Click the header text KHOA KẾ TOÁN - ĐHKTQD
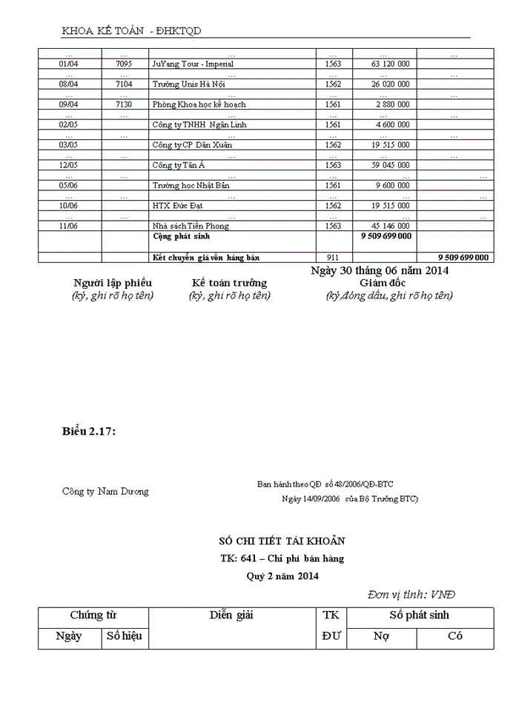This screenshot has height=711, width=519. (131, 30)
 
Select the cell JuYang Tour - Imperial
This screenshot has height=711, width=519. (193, 64)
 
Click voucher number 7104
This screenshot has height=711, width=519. (125, 84)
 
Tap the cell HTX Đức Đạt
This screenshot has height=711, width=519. (177, 205)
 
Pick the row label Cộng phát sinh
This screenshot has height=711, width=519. (181, 236)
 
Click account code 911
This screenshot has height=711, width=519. (333, 257)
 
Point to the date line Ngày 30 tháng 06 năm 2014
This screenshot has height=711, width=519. (380, 271)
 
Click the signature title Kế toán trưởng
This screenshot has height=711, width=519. (229, 283)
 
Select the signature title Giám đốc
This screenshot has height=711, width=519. (383, 283)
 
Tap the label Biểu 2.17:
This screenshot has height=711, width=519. (89, 431)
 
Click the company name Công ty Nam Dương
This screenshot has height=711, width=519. (105, 491)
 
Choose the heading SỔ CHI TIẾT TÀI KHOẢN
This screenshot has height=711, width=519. (282, 541)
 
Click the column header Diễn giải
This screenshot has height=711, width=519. (231, 615)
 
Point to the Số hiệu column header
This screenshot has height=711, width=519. (124, 636)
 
